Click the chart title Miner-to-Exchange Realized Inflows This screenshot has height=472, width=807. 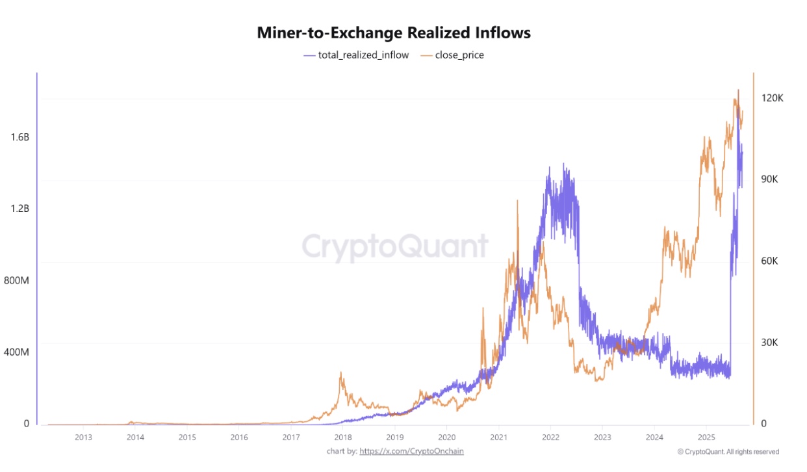tap(394, 33)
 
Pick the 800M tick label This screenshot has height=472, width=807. tap(18, 280)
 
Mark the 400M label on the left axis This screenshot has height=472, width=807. tap(18, 352)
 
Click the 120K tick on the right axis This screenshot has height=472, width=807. tap(773, 98)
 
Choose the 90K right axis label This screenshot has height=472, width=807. tap(771, 179)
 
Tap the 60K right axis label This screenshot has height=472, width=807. tap(771, 261)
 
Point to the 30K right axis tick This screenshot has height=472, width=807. tap(771, 343)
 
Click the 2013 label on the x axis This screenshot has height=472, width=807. tap(83, 437)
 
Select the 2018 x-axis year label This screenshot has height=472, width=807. tap(343, 437)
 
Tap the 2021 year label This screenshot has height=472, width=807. tap(499, 437)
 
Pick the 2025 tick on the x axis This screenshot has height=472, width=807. tap(707, 437)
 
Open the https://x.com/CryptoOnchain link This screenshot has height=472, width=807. tap(411, 451)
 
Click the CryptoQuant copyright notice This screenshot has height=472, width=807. tap(728, 451)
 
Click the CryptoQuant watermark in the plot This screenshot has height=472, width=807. tap(394, 247)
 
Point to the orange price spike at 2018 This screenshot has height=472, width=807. tap(341, 374)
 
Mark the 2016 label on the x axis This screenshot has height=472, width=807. tap(239, 437)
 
